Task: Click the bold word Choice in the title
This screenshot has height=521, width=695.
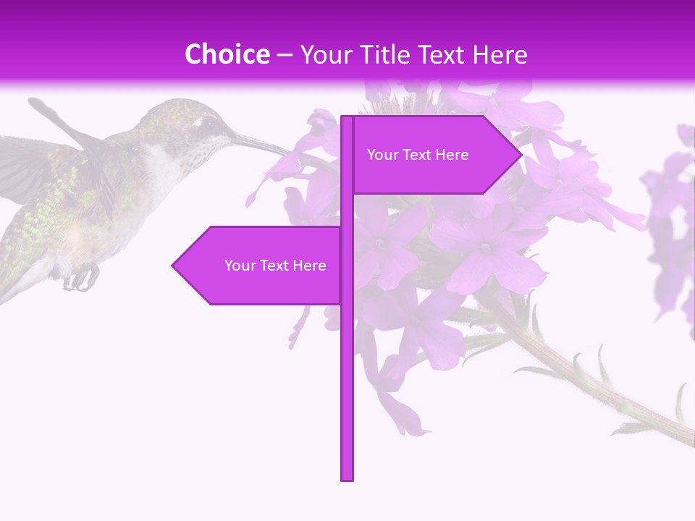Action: [227, 54]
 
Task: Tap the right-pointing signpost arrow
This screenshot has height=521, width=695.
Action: [434, 155]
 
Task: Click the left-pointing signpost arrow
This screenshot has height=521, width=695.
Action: [261, 266]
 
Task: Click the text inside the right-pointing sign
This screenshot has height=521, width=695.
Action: [418, 155]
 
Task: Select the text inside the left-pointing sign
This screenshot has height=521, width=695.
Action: [275, 266]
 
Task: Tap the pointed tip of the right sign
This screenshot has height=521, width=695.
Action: [520, 154]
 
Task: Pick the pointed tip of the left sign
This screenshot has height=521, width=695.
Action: [174, 266]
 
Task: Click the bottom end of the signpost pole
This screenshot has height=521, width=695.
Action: [347, 478]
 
